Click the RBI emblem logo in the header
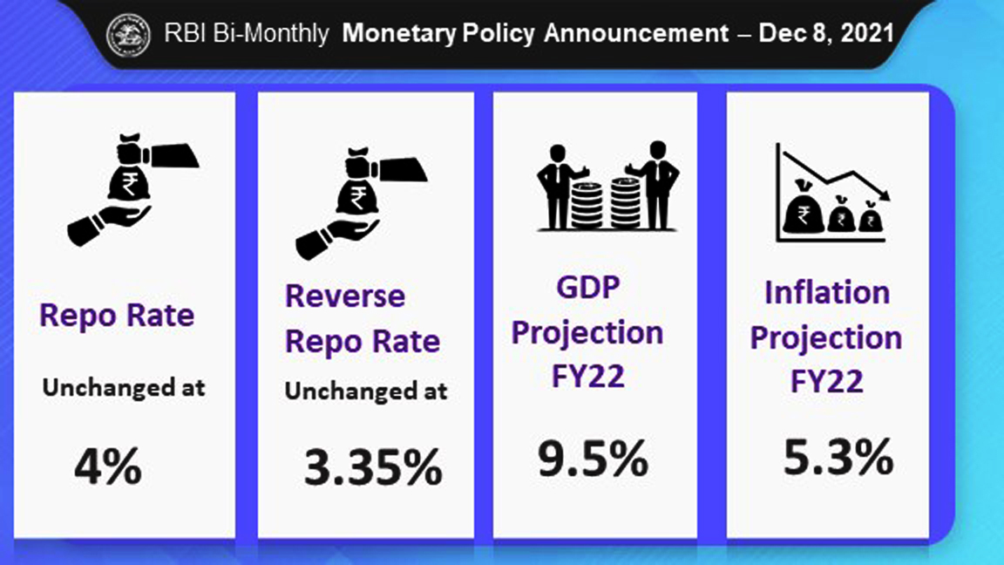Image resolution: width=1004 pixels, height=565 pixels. pyautogui.click(x=128, y=35)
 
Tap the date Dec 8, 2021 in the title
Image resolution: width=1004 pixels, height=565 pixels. pyautogui.click(x=826, y=34)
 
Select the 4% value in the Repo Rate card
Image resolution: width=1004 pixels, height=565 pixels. pyautogui.click(x=107, y=467)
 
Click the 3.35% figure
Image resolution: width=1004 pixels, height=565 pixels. pyautogui.click(x=373, y=468)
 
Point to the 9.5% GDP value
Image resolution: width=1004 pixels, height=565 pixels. pyautogui.click(x=593, y=459)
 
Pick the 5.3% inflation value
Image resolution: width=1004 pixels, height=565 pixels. pyautogui.click(x=838, y=457)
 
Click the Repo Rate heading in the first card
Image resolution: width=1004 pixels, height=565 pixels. pyautogui.click(x=117, y=315)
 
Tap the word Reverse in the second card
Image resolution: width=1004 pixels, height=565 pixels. pyautogui.click(x=345, y=296)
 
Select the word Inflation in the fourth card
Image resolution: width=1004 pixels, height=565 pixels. pyautogui.click(x=826, y=292)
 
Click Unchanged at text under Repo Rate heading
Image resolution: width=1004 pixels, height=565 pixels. pyautogui.click(x=124, y=387)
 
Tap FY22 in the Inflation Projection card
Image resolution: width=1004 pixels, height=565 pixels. pyautogui.click(x=826, y=381)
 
